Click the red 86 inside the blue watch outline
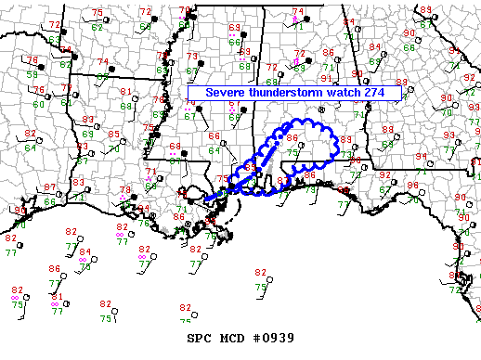292,138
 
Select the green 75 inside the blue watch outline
292,153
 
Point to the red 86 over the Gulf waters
55,269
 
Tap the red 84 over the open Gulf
84,251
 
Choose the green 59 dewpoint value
32,73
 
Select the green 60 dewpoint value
38,103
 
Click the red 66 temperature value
214,137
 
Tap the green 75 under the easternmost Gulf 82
261,289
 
